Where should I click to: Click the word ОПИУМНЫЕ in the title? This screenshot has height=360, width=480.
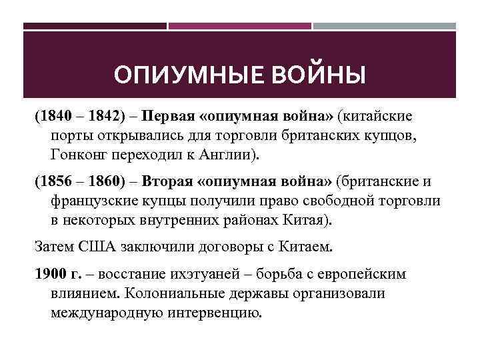(x=172, y=75)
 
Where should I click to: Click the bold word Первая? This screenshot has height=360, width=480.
(x=167, y=117)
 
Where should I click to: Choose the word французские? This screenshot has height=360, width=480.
(x=94, y=201)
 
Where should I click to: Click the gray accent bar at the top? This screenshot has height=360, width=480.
(x=385, y=27)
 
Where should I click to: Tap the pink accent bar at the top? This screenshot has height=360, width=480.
(x=239, y=27)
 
